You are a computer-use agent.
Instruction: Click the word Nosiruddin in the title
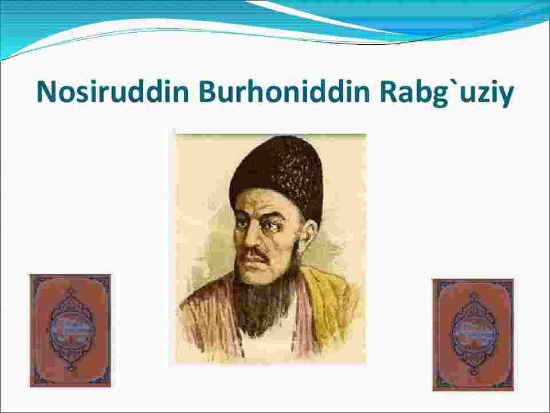click(113, 92)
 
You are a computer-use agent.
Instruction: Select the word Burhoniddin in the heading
click(284, 92)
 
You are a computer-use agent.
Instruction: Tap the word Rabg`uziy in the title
click(446, 93)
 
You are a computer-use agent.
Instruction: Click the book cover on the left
click(70, 330)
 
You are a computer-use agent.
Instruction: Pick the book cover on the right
click(473, 334)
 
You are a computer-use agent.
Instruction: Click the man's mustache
click(256, 254)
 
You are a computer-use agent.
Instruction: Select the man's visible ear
click(309, 235)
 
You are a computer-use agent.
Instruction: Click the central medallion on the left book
click(71, 330)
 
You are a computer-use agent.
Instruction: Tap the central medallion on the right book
click(474, 334)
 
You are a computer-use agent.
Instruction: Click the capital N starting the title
click(46, 92)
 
